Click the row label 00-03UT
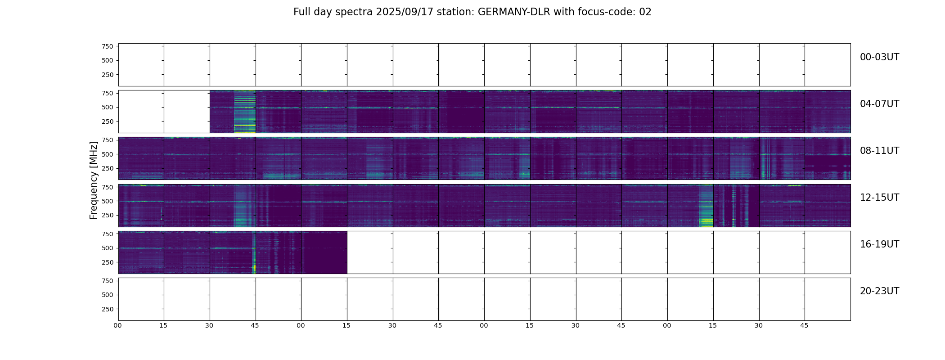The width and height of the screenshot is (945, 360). [879, 57]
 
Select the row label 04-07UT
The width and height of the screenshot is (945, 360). [879, 104]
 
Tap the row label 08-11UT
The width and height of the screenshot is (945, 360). [879, 151]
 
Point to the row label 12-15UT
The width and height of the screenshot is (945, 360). [879, 198]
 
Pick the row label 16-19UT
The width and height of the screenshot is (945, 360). [879, 244]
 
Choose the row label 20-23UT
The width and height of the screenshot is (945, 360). [879, 291]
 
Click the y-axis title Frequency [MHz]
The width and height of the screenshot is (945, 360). [94, 180]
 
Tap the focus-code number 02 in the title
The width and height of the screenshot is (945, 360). [645, 12]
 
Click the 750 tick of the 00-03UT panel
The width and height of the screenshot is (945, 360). [107, 46]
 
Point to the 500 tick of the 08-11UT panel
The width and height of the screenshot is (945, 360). [107, 154]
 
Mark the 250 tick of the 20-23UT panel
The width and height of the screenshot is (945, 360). [107, 309]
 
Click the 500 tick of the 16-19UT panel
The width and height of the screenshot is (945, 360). [107, 248]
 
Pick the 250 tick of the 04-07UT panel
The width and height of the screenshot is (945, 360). [107, 121]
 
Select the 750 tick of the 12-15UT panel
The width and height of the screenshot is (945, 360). [107, 187]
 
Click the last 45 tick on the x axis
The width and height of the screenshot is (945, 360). [804, 325]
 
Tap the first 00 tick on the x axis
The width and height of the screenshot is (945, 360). [117, 325]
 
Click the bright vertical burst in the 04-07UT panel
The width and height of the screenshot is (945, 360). [244, 112]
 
